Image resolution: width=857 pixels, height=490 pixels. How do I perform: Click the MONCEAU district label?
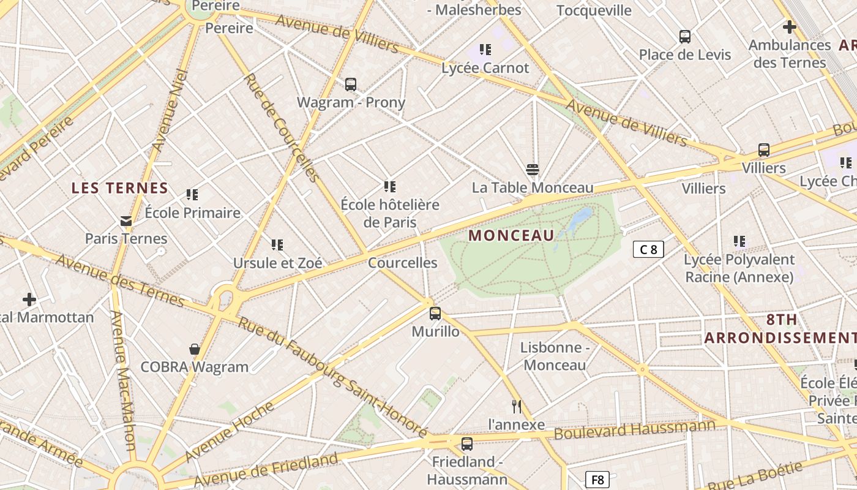[x=511, y=235]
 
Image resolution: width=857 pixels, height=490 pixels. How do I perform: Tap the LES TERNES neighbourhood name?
[x=119, y=188]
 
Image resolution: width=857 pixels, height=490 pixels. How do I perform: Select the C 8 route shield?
[x=648, y=249]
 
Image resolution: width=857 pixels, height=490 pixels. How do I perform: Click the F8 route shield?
[x=597, y=480]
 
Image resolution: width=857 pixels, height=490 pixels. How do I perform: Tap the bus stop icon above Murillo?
[x=435, y=314]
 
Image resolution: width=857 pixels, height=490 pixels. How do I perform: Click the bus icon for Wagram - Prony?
[x=351, y=85]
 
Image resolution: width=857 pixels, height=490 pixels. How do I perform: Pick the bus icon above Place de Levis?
[x=685, y=37]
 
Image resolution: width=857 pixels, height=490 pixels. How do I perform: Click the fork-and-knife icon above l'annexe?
[x=517, y=406]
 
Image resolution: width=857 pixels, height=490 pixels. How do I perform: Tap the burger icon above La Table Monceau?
[x=533, y=170]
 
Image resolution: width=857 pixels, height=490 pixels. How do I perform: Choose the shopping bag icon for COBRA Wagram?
[x=195, y=349]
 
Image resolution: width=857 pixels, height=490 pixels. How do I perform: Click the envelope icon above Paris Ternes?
[x=126, y=221]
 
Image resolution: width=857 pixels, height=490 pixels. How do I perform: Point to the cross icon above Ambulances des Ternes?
[x=790, y=27]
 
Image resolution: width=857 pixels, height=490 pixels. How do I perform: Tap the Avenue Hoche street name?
[x=229, y=431]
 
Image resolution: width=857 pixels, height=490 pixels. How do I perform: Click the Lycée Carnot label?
[x=485, y=68]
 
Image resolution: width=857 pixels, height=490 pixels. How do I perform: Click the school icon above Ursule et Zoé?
[x=277, y=245]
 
